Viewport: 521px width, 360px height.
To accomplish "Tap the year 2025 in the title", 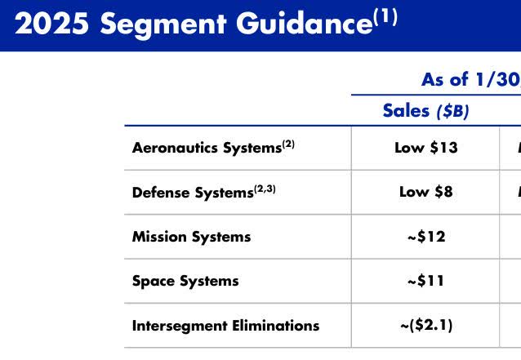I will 51,25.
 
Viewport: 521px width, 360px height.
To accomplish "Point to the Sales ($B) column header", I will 425,111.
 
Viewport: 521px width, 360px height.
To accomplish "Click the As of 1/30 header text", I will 470,79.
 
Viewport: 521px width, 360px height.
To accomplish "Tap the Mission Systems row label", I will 191,237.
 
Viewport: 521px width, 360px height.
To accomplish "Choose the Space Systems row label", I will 185,281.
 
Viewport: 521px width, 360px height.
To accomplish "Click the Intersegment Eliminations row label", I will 225,326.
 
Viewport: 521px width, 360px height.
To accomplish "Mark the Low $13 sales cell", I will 425,148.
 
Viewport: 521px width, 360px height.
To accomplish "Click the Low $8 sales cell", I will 425,192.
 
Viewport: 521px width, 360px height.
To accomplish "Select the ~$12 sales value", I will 425,237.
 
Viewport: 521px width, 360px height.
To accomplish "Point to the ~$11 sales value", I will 425,281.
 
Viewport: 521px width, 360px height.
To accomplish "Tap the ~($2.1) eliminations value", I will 425,326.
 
